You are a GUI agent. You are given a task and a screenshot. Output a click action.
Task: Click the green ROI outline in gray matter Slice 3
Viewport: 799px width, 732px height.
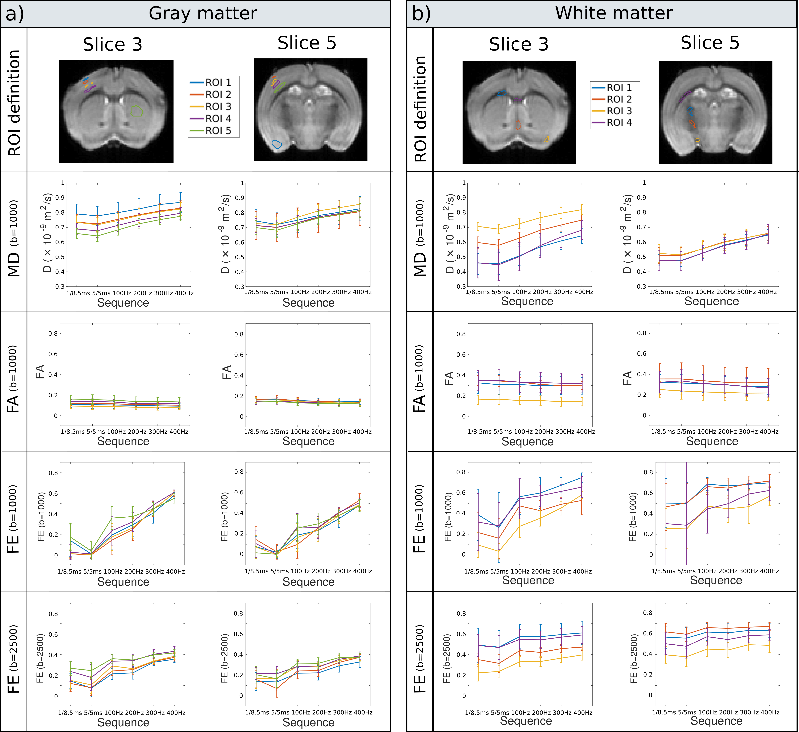click(x=137, y=111)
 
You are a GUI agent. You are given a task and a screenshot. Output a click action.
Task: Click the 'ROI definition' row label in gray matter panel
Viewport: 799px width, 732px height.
click(x=14, y=103)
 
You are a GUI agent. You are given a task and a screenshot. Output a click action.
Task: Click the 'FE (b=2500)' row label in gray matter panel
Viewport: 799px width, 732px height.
click(x=14, y=659)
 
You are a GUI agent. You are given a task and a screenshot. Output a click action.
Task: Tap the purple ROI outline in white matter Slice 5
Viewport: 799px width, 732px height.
click(x=684, y=97)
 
